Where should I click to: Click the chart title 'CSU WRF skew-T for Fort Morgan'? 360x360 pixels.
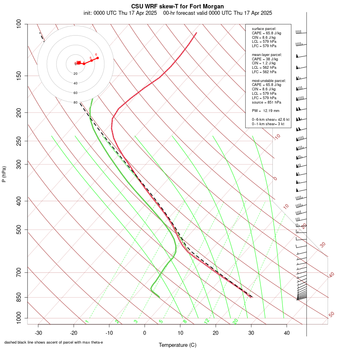(178, 6)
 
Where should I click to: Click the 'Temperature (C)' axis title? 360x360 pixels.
(178, 345)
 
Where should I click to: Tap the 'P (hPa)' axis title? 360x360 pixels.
(4, 174)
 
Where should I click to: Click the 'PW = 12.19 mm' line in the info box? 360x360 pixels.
(266, 110)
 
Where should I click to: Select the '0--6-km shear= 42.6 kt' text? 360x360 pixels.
(270, 119)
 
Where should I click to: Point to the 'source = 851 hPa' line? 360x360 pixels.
(265, 102)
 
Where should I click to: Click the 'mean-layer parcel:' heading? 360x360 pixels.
(267, 54)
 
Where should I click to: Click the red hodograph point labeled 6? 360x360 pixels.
(98, 58)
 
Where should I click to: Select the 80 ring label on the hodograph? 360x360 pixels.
(76, 102)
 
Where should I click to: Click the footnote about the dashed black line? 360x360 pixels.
(54, 342)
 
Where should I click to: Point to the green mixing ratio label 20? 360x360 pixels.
(235, 321)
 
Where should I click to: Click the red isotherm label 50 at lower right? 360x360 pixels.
(331, 315)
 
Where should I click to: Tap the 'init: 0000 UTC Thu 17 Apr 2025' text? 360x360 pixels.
(120, 13)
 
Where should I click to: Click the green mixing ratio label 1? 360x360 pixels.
(87, 321)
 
